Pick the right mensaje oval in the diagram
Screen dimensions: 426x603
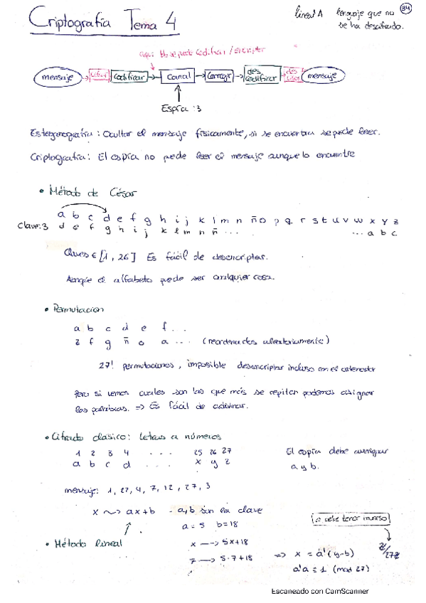click(324, 75)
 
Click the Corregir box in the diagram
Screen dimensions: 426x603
click(220, 75)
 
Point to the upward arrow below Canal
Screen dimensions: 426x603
click(178, 93)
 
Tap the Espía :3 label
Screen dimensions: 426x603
click(181, 109)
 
